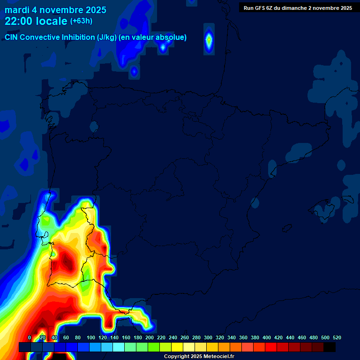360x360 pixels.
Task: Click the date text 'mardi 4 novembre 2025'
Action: point(55,10)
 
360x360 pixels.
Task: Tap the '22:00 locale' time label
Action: point(36,21)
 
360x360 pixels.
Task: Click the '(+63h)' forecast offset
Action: point(81,21)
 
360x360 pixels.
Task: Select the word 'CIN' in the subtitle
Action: point(12,37)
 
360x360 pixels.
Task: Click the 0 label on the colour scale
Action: point(30,338)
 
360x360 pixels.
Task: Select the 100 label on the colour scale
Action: point(91,338)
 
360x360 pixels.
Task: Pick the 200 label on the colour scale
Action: point(150,338)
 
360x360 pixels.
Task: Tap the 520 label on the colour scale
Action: point(337,338)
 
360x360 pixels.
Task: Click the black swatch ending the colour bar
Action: point(330,347)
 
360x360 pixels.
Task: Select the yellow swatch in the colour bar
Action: point(177,347)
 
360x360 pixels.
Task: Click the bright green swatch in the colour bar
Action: point(154,347)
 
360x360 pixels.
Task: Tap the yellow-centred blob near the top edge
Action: point(209,41)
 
